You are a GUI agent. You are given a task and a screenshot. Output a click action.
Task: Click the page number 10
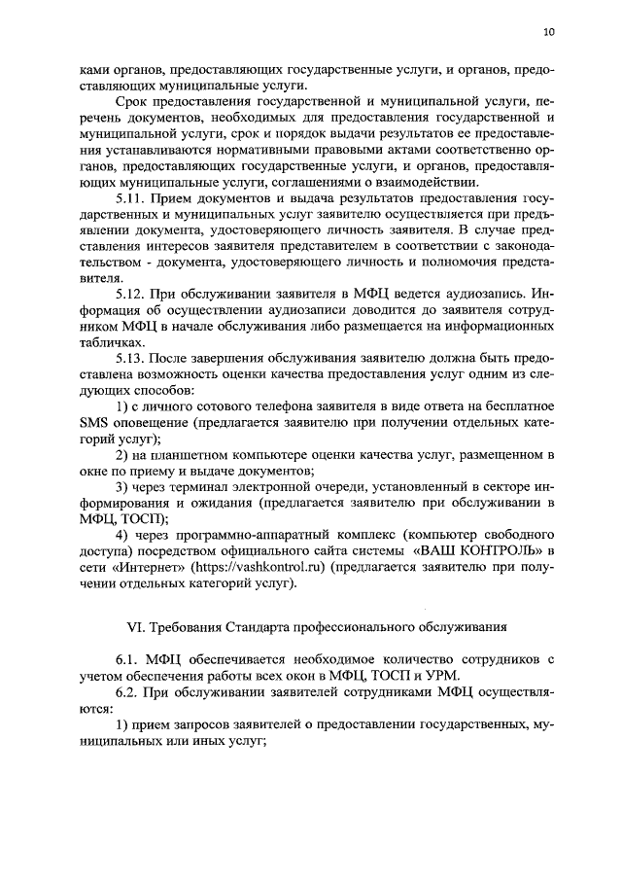[549, 32]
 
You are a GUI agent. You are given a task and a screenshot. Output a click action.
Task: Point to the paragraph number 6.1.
[127, 660]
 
